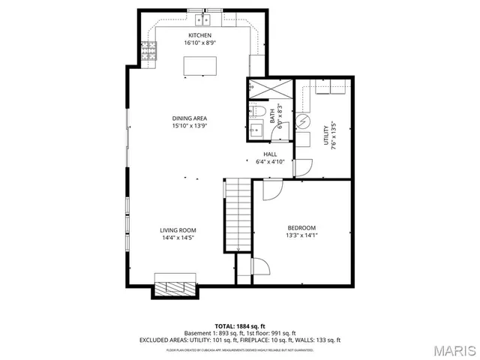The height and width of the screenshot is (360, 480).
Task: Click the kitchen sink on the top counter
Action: point(204,19)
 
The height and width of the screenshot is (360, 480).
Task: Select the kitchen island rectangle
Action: point(199,66)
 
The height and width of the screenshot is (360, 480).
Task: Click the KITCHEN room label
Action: point(199,35)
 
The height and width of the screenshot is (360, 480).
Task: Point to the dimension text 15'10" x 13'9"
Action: point(190,126)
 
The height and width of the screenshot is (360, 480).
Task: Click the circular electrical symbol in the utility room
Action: point(303,121)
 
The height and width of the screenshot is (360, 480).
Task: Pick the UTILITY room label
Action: point(327,136)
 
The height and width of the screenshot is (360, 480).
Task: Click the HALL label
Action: point(271,153)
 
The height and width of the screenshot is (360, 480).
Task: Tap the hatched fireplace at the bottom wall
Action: point(175,286)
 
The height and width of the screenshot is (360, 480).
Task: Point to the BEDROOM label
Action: point(301,228)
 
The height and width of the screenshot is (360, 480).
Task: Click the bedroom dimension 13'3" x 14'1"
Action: point(301,236)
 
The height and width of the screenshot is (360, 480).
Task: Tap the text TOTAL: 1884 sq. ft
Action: point(240,326)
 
